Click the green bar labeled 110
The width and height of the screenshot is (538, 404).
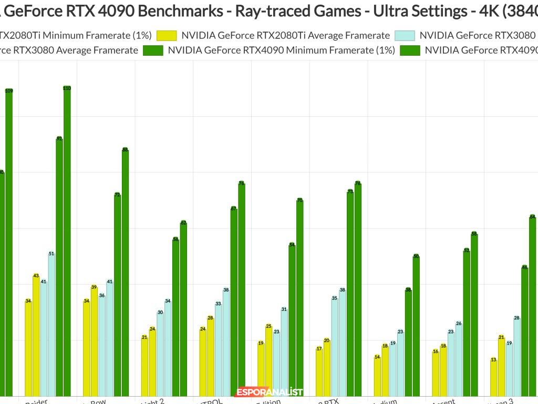(67, 242)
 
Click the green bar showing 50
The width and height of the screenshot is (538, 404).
(416, 326)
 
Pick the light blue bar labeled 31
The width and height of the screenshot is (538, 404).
(284, 352)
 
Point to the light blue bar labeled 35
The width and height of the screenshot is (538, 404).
(335, 347)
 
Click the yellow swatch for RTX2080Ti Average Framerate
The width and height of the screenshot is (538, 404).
(167, 35)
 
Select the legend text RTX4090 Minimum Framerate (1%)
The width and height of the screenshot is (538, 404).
(281, 50)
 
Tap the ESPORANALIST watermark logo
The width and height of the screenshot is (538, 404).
(270, 392)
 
